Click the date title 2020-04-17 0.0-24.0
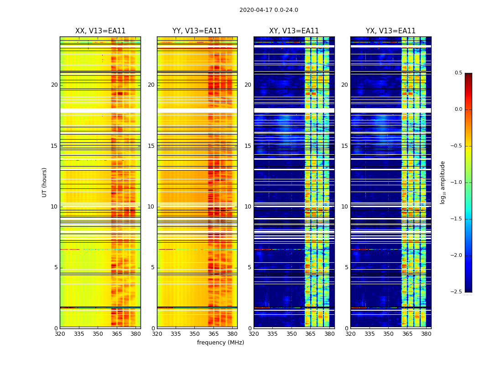click(269, 10)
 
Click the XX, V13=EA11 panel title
click(100, 31)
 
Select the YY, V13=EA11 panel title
click(197, 31)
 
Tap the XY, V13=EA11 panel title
click(294, 31)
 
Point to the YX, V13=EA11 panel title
click(390, 31)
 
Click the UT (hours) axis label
click(45, 182)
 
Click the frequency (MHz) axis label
click(220, 343)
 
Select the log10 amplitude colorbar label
click(443, 182)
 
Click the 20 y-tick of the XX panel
click(54, 85)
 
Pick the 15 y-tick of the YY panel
click(151, 146)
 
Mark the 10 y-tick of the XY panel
click(248, 207)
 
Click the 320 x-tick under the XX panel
click(60, 334)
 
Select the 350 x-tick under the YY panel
click(195, 334)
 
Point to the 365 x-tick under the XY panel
click(310, 334)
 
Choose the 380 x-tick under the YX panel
click(426, 334)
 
